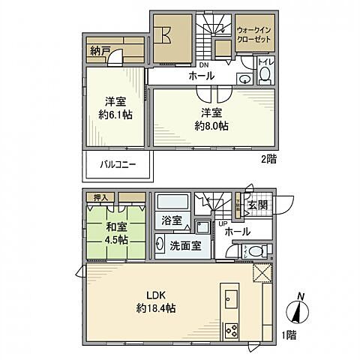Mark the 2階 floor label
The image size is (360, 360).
268,159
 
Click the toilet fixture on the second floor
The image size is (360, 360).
265,75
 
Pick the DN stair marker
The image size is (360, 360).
204,64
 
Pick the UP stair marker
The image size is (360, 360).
222,224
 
